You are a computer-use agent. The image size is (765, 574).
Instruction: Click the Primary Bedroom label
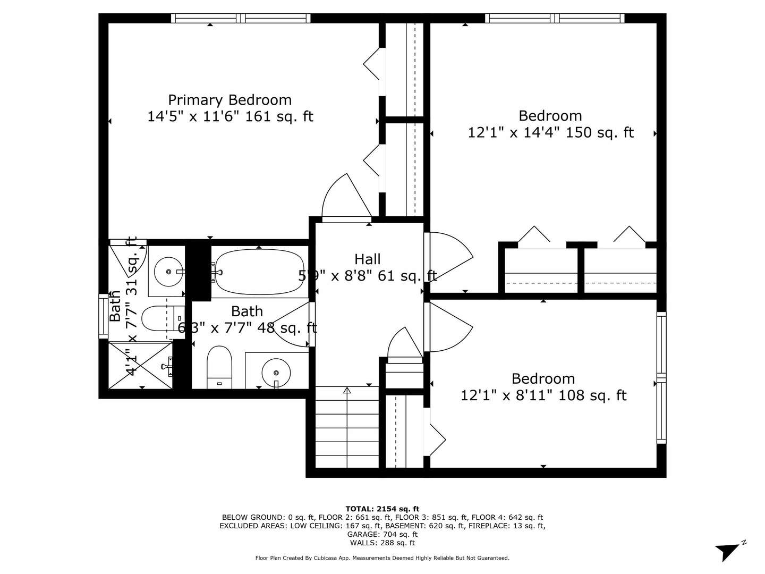click(x=229, y=100)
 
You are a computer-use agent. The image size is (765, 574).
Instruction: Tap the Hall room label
click(x=367, y=259)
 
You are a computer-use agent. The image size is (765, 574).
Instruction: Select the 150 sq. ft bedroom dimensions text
click(x=550, y=132)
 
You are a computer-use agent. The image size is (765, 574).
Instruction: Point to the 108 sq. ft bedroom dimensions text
click(x=543, y=395)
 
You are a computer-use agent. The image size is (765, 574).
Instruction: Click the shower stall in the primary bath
click(x=141, y=366)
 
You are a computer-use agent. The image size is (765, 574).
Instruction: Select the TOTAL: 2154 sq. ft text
click(x=382, y=509)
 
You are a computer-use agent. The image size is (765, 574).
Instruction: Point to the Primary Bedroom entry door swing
click(x=345, y=199)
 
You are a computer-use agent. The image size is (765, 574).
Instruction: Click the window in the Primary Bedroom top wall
click(x=241, y=18)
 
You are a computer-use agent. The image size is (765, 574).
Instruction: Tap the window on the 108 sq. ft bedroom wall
click(x=661, y=377)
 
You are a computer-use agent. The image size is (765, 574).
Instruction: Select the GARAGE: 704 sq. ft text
click(x=382, y=534)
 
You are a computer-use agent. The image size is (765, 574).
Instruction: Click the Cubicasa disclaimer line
click(x=382, y=558)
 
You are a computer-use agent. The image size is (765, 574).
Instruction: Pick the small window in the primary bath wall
click(x=103, y=316)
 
